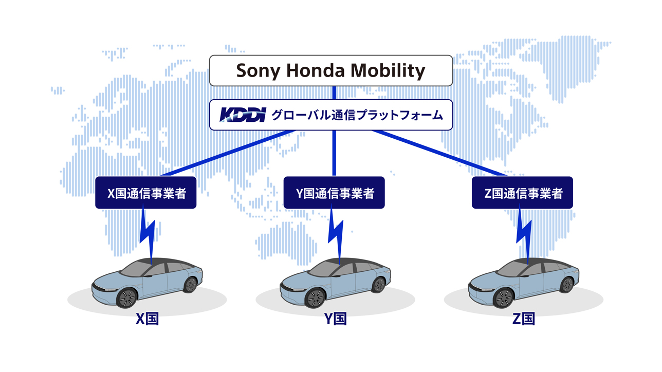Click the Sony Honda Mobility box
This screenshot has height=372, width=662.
(x=331, y=70)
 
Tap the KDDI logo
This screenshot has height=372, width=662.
(x=243, y=115)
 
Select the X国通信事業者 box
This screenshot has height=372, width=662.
(x=145, y=193)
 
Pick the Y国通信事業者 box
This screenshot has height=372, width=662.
(x=334, y=193)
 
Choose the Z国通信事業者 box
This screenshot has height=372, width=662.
(x=522, y=193)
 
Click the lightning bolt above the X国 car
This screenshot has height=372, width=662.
(x=148, y=235)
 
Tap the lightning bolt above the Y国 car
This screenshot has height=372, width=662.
(x=336, y=235)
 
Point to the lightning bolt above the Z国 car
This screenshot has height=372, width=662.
(x=524, y=235)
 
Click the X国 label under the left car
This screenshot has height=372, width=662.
(x=147, y=319)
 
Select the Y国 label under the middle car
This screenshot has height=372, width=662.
(x=336, y=319)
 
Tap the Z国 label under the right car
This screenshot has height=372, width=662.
(x=524, y=319)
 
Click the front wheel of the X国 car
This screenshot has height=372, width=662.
(x=127, y=298)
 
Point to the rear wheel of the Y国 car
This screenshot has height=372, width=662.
(x=379, y=285)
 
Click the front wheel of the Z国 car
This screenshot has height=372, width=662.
(x=504, y=298)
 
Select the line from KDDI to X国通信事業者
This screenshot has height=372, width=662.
(x=228, y=153)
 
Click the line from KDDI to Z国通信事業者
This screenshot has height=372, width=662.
(x=440, y=153)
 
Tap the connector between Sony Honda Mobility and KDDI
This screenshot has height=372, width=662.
(x=334, y=93)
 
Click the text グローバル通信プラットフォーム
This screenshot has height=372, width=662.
(x=357, y=115)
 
